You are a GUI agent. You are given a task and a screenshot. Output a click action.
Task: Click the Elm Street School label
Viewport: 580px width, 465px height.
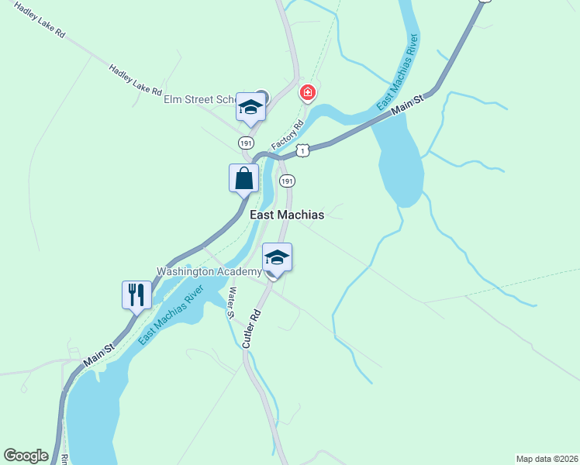pos(199,99)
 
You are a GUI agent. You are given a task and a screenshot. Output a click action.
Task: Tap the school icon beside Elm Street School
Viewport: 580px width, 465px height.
pos(250,107)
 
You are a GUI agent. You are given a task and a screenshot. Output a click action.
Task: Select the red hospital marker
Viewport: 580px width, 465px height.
pos(308,94)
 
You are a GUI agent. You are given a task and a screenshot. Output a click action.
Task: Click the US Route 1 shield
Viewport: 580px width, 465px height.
pos(303,150)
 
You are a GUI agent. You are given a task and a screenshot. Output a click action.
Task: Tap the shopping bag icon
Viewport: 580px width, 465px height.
pos(244,177)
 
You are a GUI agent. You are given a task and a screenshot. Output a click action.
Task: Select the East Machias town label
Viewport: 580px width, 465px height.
pos(286,215)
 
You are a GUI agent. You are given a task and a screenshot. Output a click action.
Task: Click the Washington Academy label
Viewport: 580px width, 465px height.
pos(209,271)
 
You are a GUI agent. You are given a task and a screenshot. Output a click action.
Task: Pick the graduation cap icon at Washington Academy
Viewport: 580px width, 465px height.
pos(277,257)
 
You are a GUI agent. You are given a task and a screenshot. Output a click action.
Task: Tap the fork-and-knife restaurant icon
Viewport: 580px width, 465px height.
pos(136,294)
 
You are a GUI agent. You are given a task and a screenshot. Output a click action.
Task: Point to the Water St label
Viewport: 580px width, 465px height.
pos(230,303)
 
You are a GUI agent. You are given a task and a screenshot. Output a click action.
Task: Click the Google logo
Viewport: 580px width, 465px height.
pos(26,456)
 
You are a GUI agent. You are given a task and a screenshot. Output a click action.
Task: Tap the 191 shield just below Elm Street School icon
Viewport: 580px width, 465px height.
pos(246,143)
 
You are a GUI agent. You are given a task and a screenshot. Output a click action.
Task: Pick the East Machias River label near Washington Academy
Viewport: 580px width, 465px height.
pos(171,315)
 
